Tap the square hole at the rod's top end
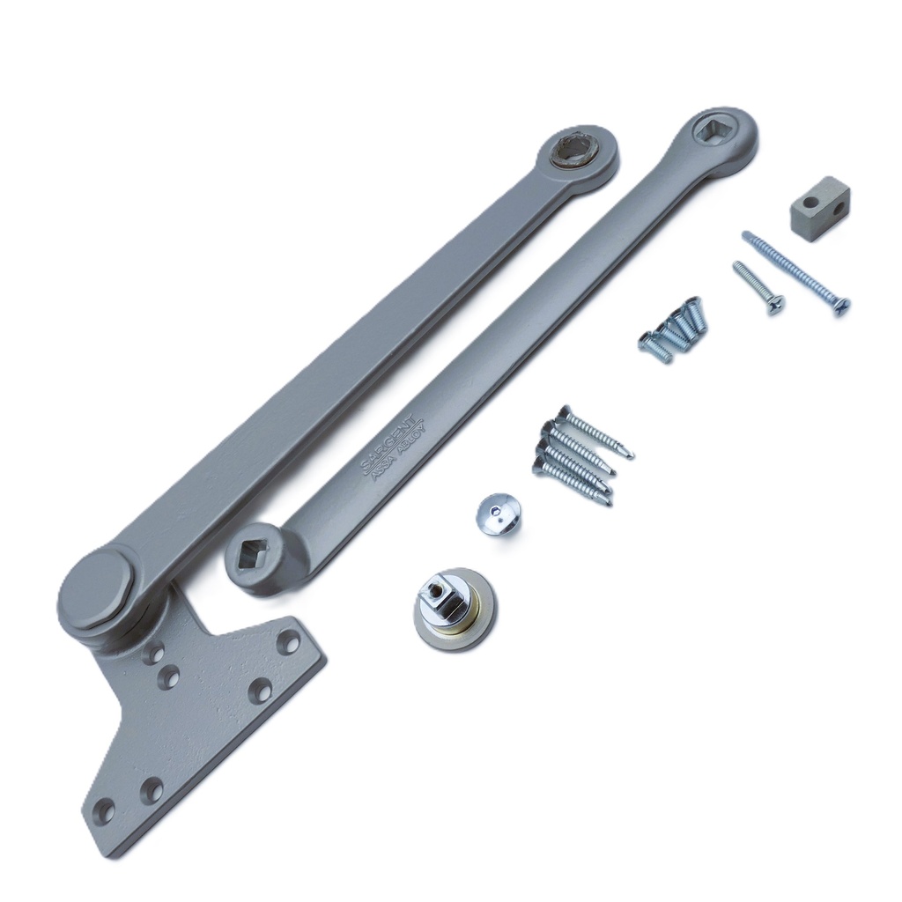click(x=710, y=132)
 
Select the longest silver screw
click(x=795, y=272)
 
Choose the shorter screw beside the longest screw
click(x=758, y=287)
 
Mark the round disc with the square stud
click(x=455, y=609)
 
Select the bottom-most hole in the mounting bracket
click(x=105, y=808)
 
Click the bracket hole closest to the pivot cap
click(x=154, y=654)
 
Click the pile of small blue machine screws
click(x=673, y=329)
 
